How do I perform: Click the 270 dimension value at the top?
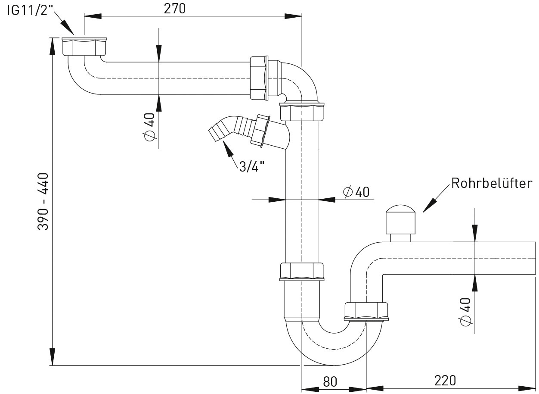point(175,8)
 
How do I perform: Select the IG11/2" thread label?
point(29,10)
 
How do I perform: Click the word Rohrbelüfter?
point(491,183)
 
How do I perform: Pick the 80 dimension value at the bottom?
point(329,381)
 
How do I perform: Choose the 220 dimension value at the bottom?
point(445,381)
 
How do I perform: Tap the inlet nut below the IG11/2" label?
point(84,47)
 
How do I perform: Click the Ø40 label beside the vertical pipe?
point(356,192)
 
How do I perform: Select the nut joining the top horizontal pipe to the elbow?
point(259,78)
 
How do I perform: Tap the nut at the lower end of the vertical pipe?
point(301,272)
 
